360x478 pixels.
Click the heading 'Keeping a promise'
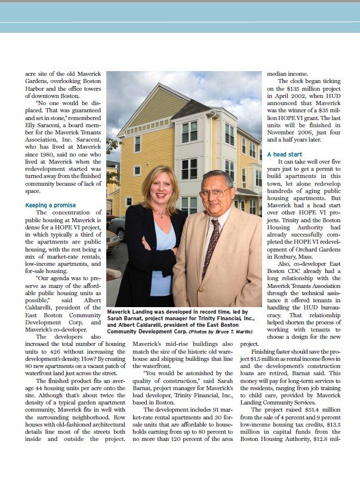51,205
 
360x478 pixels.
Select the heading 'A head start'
284,154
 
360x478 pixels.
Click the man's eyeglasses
215,192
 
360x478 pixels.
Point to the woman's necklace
159,212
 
